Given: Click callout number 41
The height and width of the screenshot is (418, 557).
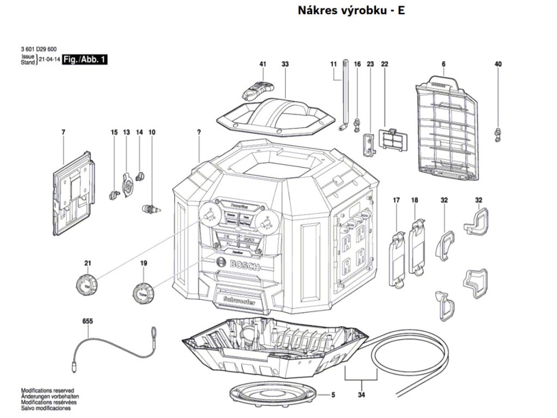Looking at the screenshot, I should point(263,64).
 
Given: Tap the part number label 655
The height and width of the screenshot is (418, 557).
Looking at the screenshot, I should point(88,321).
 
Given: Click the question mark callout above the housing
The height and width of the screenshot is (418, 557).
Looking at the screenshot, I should point(200,132).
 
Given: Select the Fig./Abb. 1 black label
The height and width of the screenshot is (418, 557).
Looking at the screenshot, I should point(84,59).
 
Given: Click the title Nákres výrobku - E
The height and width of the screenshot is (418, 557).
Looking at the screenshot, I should point(351,10).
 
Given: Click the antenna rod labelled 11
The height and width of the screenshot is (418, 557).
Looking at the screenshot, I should point(345,93).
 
